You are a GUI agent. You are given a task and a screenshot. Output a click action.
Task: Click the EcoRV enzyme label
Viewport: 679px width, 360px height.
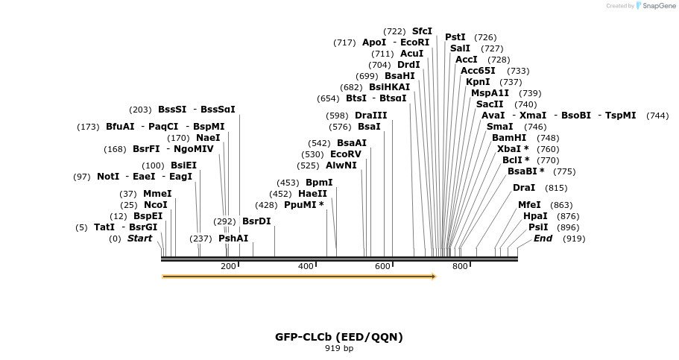point(346,154)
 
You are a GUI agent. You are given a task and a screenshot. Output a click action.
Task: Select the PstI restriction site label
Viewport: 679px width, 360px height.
point(455,37)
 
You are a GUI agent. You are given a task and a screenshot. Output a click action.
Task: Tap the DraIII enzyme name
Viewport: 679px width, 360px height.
point(371,116)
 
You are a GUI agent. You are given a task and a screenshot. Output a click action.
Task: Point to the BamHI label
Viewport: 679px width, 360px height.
point(509,138)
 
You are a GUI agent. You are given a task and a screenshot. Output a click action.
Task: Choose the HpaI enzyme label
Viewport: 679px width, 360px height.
point(535,216)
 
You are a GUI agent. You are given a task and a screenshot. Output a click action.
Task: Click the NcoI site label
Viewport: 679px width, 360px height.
point(156,205)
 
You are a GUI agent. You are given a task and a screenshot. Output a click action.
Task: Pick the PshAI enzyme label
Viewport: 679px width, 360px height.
point(233,239)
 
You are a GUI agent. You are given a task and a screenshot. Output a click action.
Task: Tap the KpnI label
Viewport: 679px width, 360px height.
point(478,82)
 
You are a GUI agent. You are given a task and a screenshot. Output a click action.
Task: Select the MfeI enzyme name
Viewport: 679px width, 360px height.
point(529,205)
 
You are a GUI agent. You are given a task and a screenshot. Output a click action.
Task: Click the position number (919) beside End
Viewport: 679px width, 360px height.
point(574,239)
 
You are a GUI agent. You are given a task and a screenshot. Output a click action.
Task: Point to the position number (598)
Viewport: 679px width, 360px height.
point(337,116)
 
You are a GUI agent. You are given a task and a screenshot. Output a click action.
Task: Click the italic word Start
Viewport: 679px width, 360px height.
point(139,239)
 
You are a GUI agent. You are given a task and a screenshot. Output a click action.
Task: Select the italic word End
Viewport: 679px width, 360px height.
point(543,239)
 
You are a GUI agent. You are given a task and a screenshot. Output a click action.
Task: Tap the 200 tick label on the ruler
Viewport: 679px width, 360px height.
point(228,266)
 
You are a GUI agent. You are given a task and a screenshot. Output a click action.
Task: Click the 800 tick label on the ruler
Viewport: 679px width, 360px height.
point(460,266)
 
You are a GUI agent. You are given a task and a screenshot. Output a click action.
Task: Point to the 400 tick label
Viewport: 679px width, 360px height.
point(306,266)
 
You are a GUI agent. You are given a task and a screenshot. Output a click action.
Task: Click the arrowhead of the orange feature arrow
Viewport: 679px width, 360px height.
point(432,277)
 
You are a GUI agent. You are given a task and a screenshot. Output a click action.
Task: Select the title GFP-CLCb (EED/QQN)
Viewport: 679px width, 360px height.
point(339,337)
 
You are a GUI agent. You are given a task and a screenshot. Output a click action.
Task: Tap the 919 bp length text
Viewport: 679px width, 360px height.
point(339,348)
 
